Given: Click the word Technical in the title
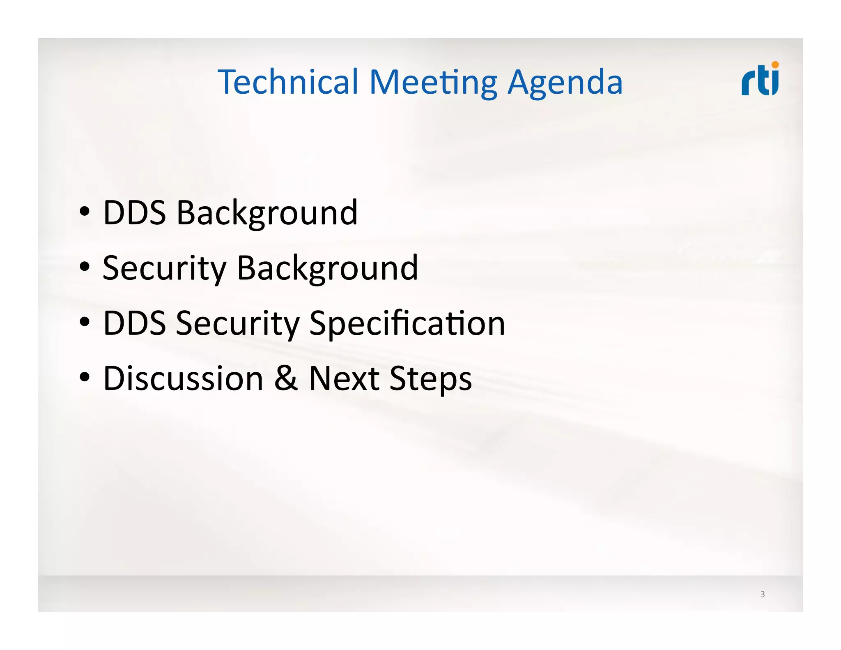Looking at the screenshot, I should [x=289, y=82].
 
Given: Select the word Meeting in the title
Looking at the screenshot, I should [x=433, y=82].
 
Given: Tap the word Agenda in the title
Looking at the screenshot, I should [x=565, y=82].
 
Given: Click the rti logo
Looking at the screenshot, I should [x=760, y=80].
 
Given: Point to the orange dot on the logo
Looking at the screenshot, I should [x=775, y=65].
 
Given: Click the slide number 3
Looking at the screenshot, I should [x=763, y=594].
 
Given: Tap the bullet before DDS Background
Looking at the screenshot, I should [x=85, y=212].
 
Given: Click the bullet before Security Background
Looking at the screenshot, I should [x=85, y=267].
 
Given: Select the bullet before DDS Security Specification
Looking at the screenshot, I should [x=85, y=323].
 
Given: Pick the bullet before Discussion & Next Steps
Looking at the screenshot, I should [x=85, y=378].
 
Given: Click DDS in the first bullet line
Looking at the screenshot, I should [x=134, y=212].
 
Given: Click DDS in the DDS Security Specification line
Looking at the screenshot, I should [x=134, y=323].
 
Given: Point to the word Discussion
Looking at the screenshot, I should [x=183, y=378].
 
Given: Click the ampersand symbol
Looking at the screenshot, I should [x=286, y=378].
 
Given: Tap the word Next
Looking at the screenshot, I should [x=344, y=378].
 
